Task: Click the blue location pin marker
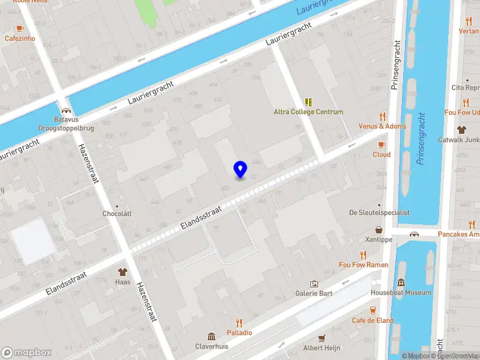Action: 240,169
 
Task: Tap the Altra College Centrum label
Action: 308,112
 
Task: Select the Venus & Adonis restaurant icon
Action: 382,116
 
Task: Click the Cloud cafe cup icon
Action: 381,145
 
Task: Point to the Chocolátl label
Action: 117,214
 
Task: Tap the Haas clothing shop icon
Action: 123,271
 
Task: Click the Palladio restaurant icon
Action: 239,323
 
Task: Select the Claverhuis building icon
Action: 211,337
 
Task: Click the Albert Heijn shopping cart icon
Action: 322,338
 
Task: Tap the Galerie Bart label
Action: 313,293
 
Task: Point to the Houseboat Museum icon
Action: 401,283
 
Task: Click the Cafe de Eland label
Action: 373,320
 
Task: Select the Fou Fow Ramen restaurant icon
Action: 363,255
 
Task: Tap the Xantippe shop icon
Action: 379,229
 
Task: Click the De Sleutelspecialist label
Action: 379,212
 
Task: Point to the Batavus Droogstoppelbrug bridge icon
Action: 66,111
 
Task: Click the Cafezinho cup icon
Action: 20,28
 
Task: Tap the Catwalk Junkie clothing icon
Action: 461,130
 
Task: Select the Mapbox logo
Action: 26,353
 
